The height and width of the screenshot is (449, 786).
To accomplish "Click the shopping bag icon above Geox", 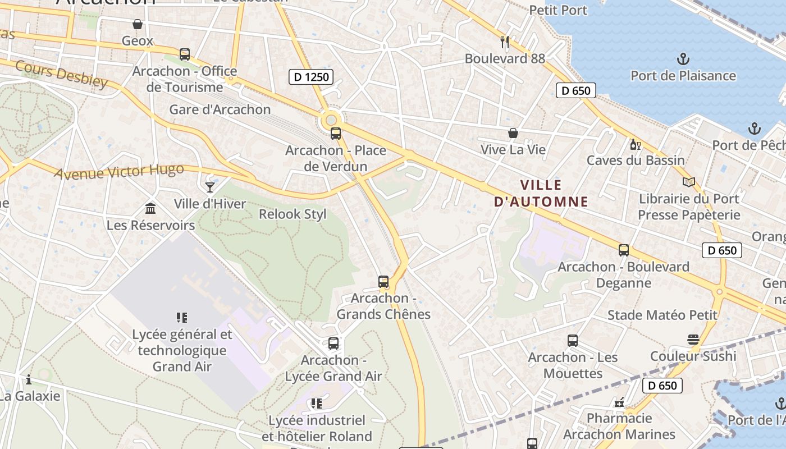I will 138,24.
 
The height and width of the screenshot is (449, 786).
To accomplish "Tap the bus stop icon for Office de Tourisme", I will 185,54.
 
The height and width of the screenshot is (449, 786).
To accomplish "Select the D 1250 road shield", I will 311,76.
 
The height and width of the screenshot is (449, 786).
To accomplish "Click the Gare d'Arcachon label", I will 220,109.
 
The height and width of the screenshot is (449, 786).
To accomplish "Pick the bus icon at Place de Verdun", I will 336,134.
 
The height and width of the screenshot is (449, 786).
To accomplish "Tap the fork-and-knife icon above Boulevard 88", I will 505,42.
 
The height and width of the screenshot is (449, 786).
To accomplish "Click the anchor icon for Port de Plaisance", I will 683,59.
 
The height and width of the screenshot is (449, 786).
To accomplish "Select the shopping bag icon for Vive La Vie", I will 513,133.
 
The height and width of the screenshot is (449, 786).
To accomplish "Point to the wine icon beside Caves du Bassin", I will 636,144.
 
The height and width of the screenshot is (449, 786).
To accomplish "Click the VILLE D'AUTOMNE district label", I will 541,193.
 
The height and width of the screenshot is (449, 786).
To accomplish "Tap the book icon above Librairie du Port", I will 689,182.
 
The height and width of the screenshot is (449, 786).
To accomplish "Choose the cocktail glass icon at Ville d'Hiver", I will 210,187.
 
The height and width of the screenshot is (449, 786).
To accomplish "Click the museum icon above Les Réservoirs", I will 150,209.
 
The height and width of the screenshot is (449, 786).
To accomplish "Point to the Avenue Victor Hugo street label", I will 119,171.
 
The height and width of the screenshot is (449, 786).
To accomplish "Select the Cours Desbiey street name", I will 61,74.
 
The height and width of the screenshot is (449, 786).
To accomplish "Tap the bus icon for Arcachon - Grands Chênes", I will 383,282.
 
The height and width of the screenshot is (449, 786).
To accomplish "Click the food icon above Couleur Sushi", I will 693,340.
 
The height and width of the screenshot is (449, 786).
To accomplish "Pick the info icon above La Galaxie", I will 29,379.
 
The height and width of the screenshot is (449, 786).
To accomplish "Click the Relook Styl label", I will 293,214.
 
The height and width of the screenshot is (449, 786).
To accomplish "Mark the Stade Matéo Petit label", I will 662,315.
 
